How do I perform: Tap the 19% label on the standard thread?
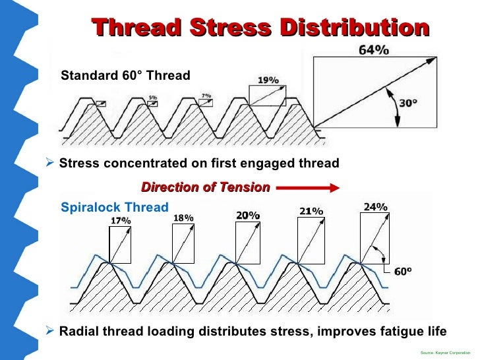[x=267, y=80]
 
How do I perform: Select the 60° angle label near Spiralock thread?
[x=402, y=271]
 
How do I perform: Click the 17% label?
[x=121, y=220]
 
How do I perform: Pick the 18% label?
[x=183, y=218]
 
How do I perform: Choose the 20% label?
[x=248, y=215]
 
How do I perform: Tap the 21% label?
[x=311, y=211]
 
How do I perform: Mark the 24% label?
[x=375, y=206]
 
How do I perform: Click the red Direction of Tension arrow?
[x=307, y=187]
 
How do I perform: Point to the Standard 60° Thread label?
[x=125, y=76]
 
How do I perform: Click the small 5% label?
[x=152, y=97]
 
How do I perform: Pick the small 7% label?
[x=206, y=96]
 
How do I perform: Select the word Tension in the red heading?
[x=245, y=187]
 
